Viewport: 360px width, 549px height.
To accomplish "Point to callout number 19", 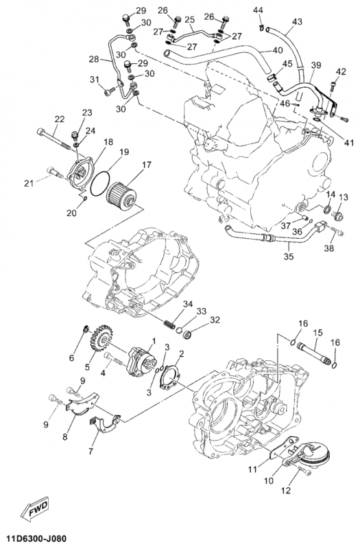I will [x=123, y=152].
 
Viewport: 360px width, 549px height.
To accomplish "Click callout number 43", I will [x=296, y=22].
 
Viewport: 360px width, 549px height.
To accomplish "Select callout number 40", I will [x=277, y=51].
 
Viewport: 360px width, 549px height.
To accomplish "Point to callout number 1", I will [x=154, y=340].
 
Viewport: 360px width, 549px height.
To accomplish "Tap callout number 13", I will [x=343, y=197].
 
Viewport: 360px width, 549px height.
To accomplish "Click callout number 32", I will [x=215, y=320].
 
